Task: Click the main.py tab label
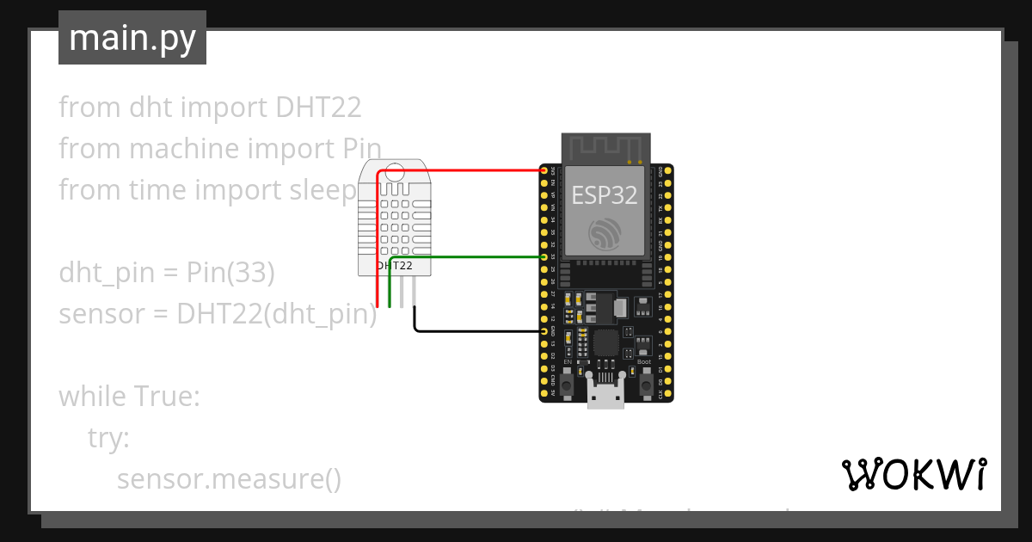coord(132,38)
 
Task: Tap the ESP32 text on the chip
coord(605,195)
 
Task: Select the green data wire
coord(469,257)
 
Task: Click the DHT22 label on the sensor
coord(396,267)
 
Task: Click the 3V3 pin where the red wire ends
coord(544,171)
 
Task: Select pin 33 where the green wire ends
coord(544,257)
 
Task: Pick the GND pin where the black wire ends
coord(544,331)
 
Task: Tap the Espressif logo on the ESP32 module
coord(605,234)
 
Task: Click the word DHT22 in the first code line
coord(318,108)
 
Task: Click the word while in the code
coord(92,397)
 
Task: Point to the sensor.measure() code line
coord(229,479)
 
